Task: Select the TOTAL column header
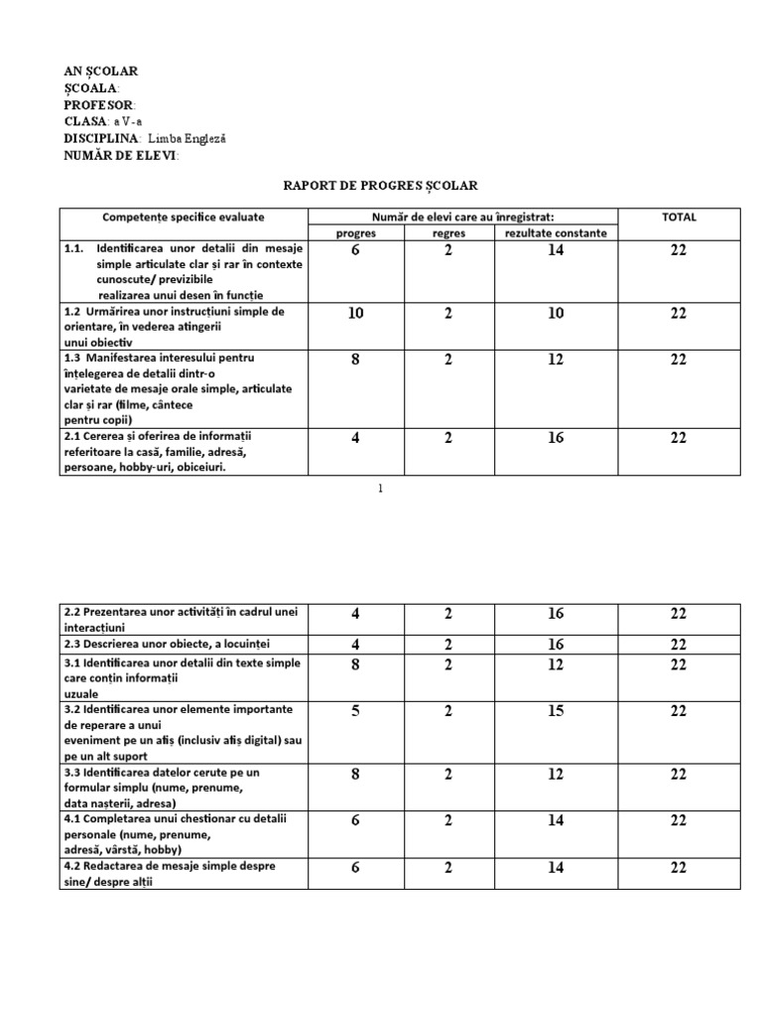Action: pos(679,217)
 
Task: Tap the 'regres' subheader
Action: pos(448,232)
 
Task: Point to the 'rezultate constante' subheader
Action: pos(555,232)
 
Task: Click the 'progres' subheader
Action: pos(355,232)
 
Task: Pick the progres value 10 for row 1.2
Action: pos(355,313)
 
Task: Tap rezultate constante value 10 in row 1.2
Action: pos(555,313)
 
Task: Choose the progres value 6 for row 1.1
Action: pos(355,251)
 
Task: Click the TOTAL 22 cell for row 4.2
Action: pos(679,867)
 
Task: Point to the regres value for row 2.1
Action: pos(448,437)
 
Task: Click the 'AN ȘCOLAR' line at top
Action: pos(101,72)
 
